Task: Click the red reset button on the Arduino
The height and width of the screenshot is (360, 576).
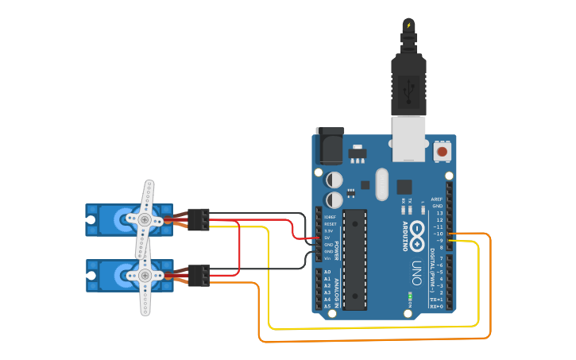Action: pyautogui.click(x=442, y=150)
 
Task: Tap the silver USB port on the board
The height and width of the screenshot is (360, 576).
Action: pyautogui.click(x=409, y=136)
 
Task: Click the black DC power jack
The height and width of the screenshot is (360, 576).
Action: pyautogui.click(x=330, y=146)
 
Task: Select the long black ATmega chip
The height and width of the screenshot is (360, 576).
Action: pyautogui.click(x=355, y=258)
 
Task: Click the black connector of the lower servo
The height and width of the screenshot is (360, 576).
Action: pyautogui.click(x=199, y=275)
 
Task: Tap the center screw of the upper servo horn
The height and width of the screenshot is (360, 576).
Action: pyautogui.click(x=145, y=219)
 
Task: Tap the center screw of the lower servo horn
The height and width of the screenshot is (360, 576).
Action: pyautogui.click(x=145, y=275)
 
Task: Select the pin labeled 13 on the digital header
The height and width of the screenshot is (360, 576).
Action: pyautogui.click(x=439, y=213)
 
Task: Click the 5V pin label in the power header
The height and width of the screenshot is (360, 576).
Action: pyautogui.click(x=327, y=238)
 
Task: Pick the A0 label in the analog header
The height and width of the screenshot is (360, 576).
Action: pyautogui.click(x=327, y=272)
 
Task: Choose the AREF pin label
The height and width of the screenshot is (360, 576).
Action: pyautogui.click(x=437, y=199)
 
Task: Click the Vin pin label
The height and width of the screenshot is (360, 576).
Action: pyautogui.click(x=327, y=258)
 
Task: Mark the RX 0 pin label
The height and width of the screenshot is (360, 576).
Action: pyautogui.click(x=435, y=305)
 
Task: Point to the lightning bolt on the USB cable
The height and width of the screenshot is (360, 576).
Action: pyautogui.click(x=409, y=25)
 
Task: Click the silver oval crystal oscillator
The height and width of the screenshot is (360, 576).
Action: pyautogui.click(x=381, y=184)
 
